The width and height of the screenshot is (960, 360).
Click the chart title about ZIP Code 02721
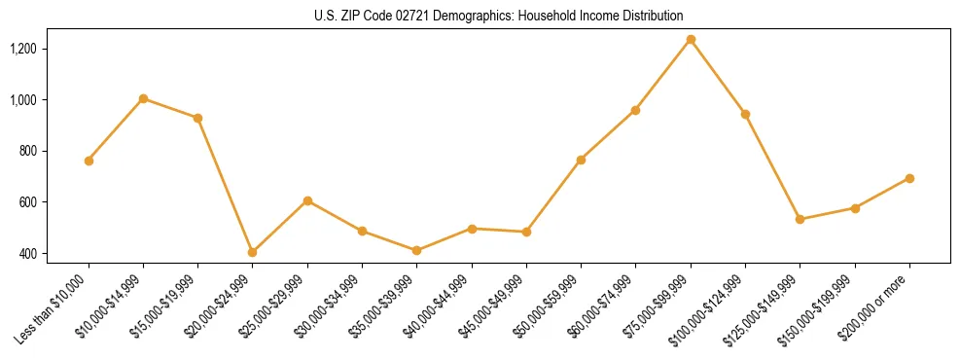499,16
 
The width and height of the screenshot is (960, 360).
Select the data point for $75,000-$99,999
691,39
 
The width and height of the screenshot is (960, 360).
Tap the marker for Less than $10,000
89,161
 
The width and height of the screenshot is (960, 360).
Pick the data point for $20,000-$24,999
253,252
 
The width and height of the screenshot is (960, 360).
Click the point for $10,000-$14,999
143,98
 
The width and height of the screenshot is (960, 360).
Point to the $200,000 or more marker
909,178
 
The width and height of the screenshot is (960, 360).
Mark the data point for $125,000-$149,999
800,219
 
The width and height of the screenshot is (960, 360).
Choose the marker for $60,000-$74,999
635,110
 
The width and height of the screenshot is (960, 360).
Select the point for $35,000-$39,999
417,250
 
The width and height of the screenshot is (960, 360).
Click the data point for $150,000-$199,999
855,208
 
